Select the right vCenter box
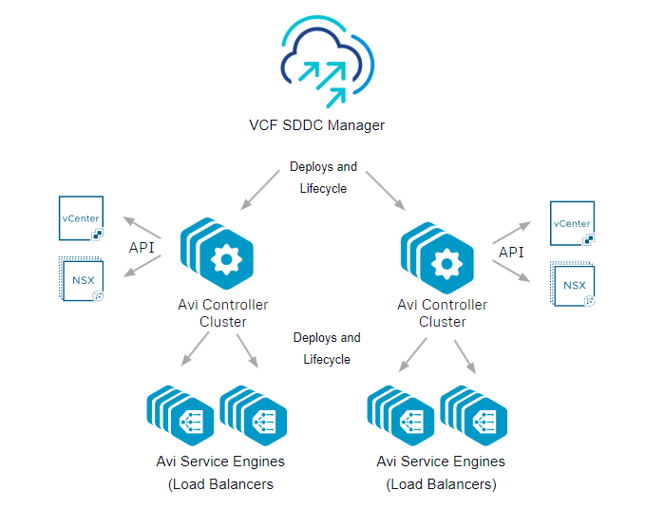tap(573, 224)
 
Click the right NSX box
tap(574, 286)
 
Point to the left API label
tap(142, 248)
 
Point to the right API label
tap(511, 252)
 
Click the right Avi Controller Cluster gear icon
tap(444, 262)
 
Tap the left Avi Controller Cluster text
tap(222, 312)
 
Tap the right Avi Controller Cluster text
tap(443, 312)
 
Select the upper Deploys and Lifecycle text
tap(324, 178)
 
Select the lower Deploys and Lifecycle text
tap(327, 349)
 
